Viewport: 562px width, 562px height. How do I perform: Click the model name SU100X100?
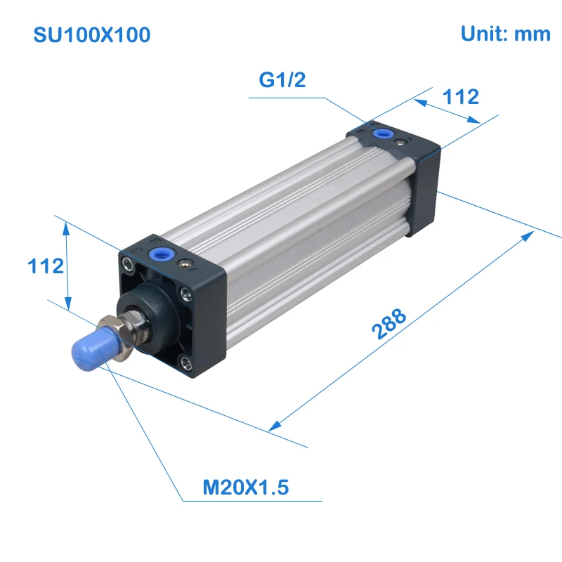pos(92,34)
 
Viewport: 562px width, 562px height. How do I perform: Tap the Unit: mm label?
pos(505,34)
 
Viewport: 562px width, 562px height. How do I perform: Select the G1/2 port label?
pos(282,79)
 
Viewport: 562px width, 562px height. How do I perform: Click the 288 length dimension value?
pos(389,324)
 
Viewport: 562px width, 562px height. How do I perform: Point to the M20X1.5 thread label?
pos(245,487)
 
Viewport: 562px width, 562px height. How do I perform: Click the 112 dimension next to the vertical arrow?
pos(46,266)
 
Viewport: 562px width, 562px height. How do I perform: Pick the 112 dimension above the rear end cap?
pos(461,97)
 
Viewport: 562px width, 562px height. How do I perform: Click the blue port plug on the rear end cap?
pos(383,134)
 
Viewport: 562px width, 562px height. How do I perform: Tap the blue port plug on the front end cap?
pos(162,254)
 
